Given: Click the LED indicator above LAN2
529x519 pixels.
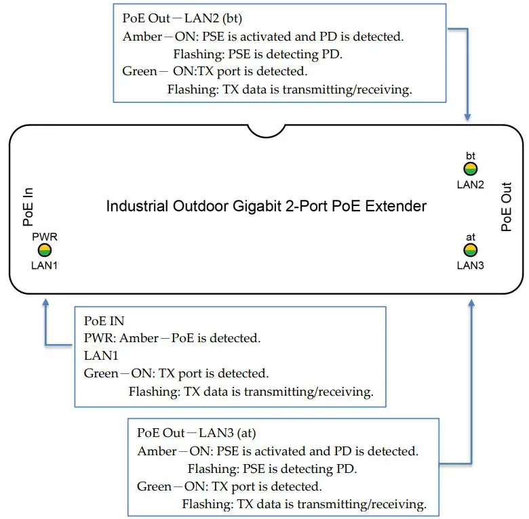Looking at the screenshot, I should pyautogui.click(x=470, y=169).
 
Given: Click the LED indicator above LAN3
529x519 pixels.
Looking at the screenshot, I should pyautogui.click(x=470, y=250).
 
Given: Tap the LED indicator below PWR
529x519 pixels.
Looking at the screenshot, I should pyautogui.click(x=45, y=250).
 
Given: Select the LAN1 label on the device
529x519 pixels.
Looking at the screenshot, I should pyautogui.click(x=45, y=265).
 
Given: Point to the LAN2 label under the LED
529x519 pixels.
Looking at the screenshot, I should pyautogui.click(x=470, y=184).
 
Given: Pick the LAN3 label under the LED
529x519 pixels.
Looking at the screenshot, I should pyautogui.click(x=470, y=265).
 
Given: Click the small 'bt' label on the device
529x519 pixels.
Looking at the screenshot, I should pyautogui.click(x=470, y=156).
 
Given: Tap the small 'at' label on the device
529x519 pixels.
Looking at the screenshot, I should pyautogui.click(x=470, y=237).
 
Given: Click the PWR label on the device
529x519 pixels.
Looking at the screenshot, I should pyautogui.click(x=45, y=237).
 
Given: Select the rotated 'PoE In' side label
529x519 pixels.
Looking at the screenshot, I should pyautogui.click(x=28, y=207).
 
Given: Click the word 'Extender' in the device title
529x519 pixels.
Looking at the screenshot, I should pyautogui.click(x=395, y=205).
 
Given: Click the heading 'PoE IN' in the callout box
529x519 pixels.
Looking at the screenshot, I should pyautogui.click(x=104, y=320).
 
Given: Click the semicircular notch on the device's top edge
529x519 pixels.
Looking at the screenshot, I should pyautogui.click(x=266, y=129).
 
